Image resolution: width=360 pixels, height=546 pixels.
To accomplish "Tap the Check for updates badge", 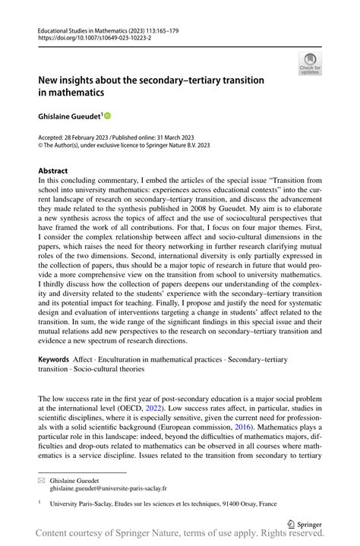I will pyautogui.click(x=309, y=65).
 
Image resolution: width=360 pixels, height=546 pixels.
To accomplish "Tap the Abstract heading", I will pyautogui.click(x=52, y=171).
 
